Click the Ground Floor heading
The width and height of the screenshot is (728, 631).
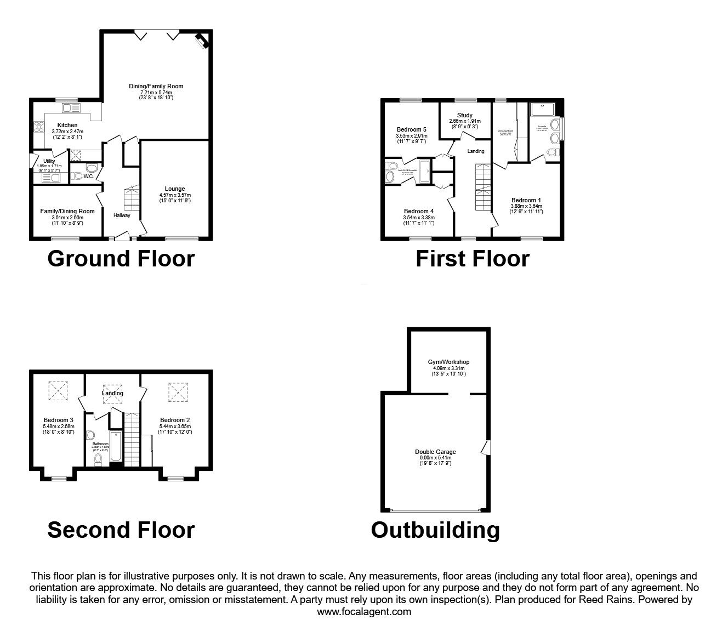(121, 259)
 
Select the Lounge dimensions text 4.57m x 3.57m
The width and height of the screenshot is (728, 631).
(175, 195)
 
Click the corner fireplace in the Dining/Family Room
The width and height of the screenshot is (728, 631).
(202, 42)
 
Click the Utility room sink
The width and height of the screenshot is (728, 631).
(55, 177)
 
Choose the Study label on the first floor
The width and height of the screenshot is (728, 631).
(464, 115)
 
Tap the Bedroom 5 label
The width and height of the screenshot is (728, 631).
(411, 129)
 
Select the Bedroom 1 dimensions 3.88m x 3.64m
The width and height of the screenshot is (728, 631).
(526, 206)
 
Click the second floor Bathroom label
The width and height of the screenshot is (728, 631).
(100, 444)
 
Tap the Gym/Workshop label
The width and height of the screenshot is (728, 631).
(448, 362)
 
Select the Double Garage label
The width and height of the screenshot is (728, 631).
(435, 452)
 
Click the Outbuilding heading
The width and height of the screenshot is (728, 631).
(435, 530)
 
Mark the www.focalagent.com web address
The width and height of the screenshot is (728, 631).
(364, 612)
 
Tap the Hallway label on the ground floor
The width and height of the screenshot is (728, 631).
(122, 215)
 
